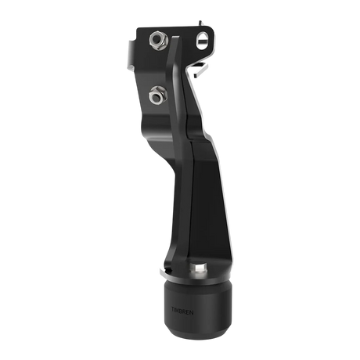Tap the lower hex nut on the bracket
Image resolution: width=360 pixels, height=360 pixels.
[156, 97]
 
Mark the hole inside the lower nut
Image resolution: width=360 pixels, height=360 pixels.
[156, 97]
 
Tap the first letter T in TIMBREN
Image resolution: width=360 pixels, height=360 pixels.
[172, 308]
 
